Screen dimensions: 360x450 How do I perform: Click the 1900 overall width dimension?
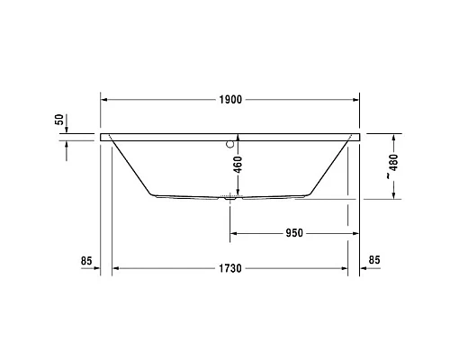(231, 99)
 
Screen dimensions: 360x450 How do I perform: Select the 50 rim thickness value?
(59, 119)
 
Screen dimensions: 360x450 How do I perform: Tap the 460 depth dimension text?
(238, 166)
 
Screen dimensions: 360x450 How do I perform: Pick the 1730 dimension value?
(231, 268)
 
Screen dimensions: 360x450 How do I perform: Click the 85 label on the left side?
(86, 262)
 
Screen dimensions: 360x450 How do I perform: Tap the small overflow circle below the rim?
(230, 141)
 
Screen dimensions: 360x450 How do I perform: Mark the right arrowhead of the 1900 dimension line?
(356, 99)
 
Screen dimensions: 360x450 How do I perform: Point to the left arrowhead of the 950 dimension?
(235, 232)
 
